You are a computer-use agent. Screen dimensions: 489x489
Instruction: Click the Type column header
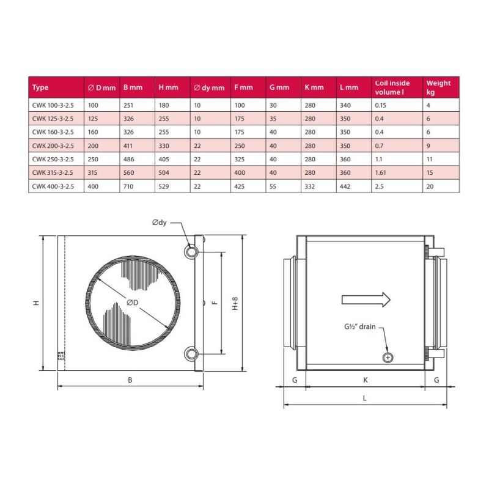tap(40, 87)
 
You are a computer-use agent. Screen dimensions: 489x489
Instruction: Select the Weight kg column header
tap(438, 87)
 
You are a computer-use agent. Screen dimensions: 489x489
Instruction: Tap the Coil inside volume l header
tap(392, 87)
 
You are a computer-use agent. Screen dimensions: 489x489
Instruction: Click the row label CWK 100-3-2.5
tap(53, 105)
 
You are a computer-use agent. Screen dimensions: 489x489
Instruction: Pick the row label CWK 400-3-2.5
tap(53, 186)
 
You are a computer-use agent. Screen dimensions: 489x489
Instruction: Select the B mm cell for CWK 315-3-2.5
tap(128, 173)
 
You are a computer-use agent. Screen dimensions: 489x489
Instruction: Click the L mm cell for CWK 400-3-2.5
tap(345, 186)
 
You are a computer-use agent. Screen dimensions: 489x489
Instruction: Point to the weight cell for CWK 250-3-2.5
tap(430, 160)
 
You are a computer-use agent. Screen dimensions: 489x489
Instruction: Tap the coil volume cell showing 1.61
tap(380, 173)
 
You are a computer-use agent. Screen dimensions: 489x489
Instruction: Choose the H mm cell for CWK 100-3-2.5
tap(164, 105)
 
